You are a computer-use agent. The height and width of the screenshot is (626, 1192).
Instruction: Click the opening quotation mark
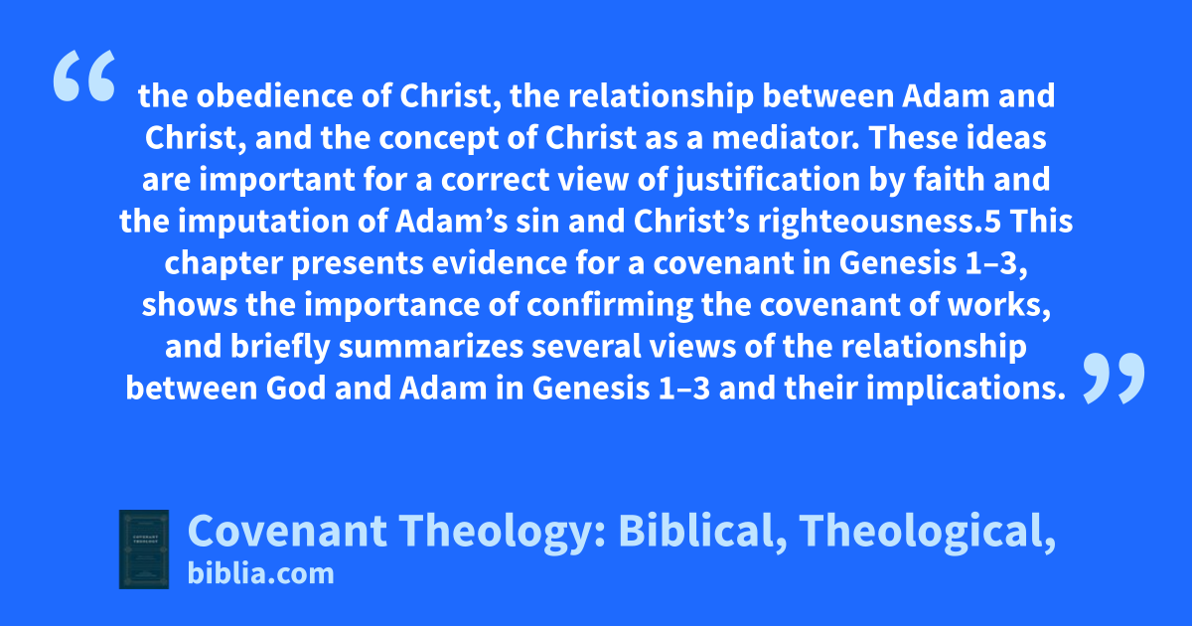[x=84, y=76]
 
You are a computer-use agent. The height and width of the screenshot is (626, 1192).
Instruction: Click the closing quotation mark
[x=1114, y=378]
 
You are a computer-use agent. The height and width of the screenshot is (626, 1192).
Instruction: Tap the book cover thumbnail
[x=144, y=549]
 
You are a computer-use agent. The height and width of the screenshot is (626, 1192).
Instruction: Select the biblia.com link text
[x=260, y=574]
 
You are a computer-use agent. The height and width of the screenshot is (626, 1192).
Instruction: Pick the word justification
[x=768, y=181]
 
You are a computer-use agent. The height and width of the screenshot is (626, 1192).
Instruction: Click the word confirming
[x=609, y=306]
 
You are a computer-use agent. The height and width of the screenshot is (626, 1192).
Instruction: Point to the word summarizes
[x=430, y=347]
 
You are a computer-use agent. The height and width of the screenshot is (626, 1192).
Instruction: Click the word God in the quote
[x=296, y=389]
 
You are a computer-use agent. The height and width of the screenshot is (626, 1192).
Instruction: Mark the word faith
[x=949, y=180]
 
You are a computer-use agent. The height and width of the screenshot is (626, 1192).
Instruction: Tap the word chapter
[x=223, y=264]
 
